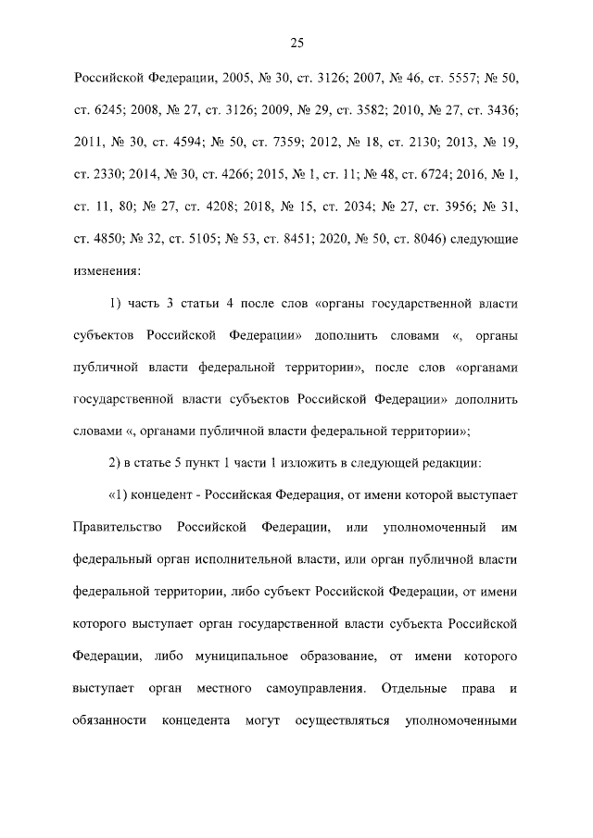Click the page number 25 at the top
click(x=296, y=44)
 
